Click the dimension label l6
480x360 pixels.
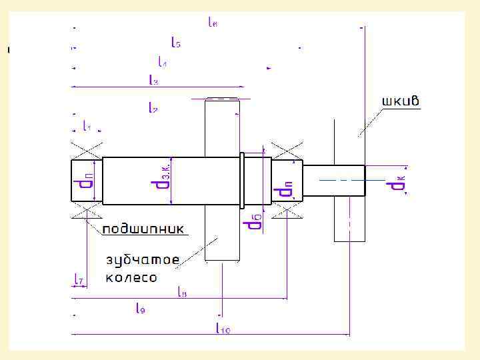click(213, 22)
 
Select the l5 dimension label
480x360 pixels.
click(176, 43)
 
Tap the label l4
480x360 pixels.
click(162, 62)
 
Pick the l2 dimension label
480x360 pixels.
click(152, 108)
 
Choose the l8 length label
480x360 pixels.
click(182, 291)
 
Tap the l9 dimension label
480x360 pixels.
click(141, 308)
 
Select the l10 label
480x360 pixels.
click(223, 327)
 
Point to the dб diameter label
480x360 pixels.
click(254, 221)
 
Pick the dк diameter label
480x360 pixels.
click(397, 181)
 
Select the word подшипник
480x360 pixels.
click(143, 229)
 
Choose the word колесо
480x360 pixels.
click(131, 277)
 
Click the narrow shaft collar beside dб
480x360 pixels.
click(243, 181)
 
